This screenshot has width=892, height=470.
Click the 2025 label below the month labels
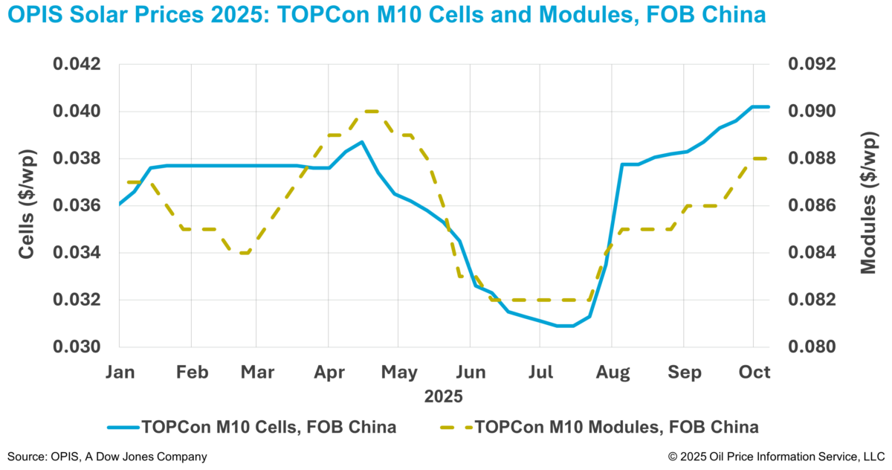[444, 396]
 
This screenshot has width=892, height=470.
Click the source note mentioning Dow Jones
[107, 456]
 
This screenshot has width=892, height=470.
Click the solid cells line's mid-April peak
[361, 141]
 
